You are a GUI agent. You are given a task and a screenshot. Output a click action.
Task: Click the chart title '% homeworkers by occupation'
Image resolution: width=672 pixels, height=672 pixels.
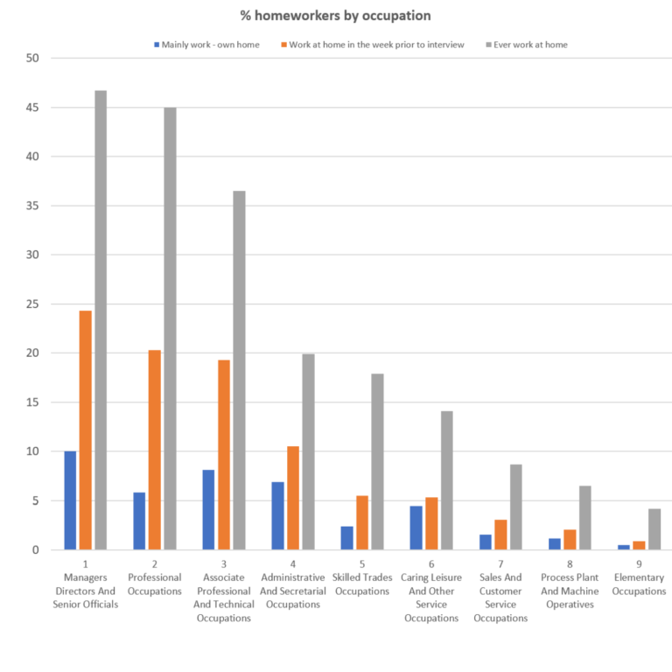336,16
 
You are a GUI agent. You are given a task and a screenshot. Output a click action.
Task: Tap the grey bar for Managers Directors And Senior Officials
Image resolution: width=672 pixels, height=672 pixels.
101,320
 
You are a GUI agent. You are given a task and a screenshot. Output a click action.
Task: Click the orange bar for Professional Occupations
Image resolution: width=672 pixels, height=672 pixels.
155,450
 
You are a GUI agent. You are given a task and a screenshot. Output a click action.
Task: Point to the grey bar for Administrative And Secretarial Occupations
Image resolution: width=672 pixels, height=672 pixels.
308,451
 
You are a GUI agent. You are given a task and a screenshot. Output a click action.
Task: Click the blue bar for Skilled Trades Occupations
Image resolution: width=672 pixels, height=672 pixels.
347,538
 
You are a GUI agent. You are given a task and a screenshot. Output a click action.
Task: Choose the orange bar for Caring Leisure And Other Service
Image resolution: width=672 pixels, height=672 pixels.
431,523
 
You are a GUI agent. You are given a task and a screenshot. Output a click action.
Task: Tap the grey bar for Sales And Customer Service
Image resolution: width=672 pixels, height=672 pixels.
516,507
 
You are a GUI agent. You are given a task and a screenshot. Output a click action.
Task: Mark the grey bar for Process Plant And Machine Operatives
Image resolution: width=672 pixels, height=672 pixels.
585,518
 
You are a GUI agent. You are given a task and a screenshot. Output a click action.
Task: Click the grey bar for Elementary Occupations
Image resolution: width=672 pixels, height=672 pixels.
654,529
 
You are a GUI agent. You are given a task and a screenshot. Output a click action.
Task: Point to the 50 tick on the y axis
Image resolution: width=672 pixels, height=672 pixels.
34,59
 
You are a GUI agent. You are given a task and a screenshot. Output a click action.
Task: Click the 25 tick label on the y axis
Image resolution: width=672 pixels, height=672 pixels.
34,304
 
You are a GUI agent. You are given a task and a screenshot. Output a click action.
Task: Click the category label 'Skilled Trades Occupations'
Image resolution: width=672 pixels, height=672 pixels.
362,584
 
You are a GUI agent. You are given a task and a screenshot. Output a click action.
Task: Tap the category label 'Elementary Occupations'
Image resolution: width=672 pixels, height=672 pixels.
639,584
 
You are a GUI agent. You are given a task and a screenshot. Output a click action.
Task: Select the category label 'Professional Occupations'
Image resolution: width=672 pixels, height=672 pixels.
155,584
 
